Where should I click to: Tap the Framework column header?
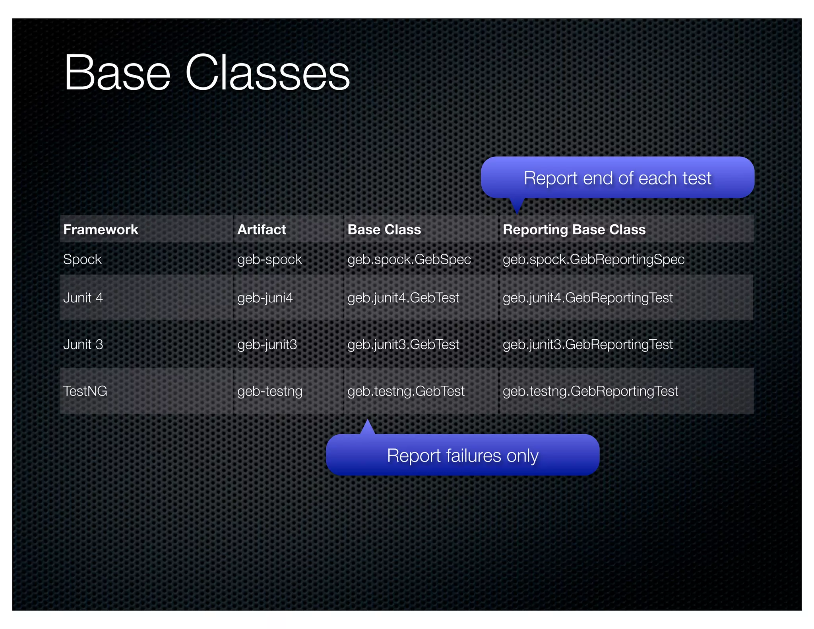(x=101, y=229)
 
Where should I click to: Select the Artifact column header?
(x=262, y=229)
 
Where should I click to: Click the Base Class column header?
(x=384, y=229)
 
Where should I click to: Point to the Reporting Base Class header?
(x=574, y=229)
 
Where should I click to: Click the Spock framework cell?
(x=82, y=259)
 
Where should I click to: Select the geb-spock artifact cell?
(x=269, y=259)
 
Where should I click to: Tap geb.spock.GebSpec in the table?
(x=409, y=259)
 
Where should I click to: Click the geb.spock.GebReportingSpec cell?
(x=593, y=259)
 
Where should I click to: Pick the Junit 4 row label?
(x=83, y=297)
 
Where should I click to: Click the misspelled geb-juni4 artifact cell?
(x=265, y=297)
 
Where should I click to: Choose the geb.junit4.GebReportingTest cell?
(x=587, y=297)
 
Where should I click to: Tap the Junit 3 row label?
(x=83, y=344)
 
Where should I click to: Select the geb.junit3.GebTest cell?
(x=403, y=344)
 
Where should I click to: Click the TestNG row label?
(x=85, y=391)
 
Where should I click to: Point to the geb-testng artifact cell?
(x=269, y=391)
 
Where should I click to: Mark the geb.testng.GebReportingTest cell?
(x=590, y=391)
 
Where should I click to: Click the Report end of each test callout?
(x=617, y=178)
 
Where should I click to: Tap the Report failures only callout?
(x=463, y=455)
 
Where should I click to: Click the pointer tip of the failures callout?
(x=368, y=421)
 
